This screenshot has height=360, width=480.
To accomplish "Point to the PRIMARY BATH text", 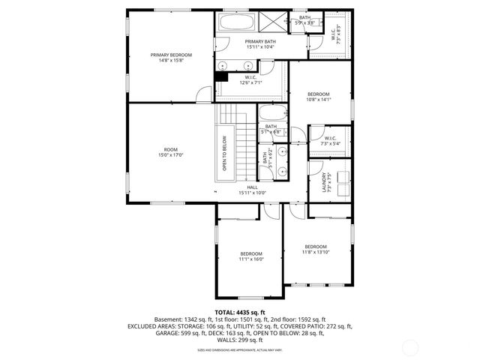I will point(260,43).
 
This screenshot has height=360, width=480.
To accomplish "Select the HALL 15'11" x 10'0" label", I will point(252,190).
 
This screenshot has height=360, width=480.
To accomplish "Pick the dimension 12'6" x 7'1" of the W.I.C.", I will point(251,82).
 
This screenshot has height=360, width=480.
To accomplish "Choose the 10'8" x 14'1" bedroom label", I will point(319,96).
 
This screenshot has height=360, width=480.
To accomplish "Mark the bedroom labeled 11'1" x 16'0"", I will point(251,256).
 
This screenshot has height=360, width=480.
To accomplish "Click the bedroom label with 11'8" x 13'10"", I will point(316,250).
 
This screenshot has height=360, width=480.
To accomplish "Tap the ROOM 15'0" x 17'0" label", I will point(171,152).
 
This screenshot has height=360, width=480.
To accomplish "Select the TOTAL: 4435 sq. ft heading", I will point(240,312).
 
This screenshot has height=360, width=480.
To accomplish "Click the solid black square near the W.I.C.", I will point(221,74).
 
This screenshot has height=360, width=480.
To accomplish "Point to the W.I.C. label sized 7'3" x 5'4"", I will point(331,141).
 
